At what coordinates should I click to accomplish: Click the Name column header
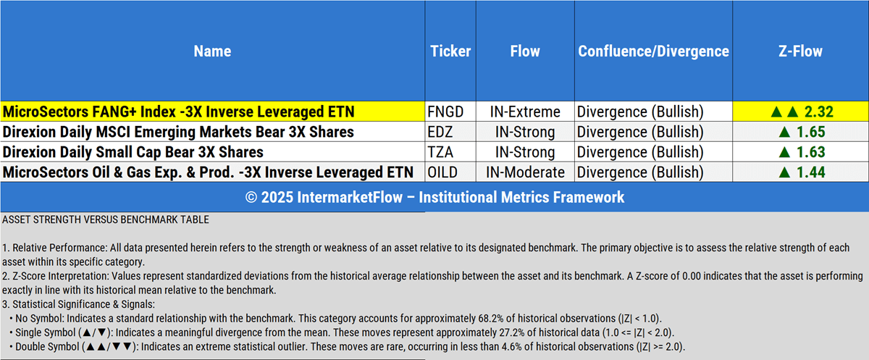212,51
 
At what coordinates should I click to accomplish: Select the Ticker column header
450,51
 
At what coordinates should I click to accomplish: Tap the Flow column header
525,51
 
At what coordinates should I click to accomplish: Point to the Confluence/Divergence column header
653,51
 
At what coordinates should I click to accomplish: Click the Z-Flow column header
800,51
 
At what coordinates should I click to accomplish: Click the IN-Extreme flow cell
525,112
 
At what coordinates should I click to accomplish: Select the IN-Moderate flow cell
525,172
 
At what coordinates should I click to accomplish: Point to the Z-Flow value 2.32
818,112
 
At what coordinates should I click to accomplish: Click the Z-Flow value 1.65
811,132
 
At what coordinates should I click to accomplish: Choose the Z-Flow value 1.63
811,152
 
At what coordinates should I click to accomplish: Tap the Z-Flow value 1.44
811,172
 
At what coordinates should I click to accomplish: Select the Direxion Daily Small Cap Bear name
133,152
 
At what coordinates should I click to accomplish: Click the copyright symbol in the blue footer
251,198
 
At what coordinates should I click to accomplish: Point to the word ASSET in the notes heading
16,219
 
